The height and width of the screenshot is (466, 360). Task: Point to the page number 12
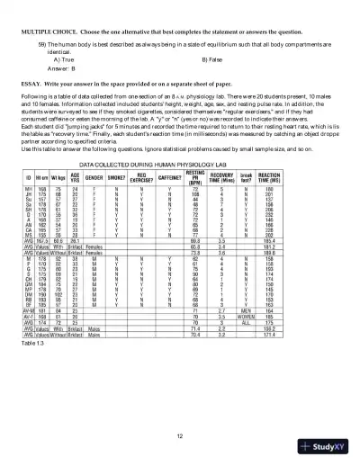coord(180,435)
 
